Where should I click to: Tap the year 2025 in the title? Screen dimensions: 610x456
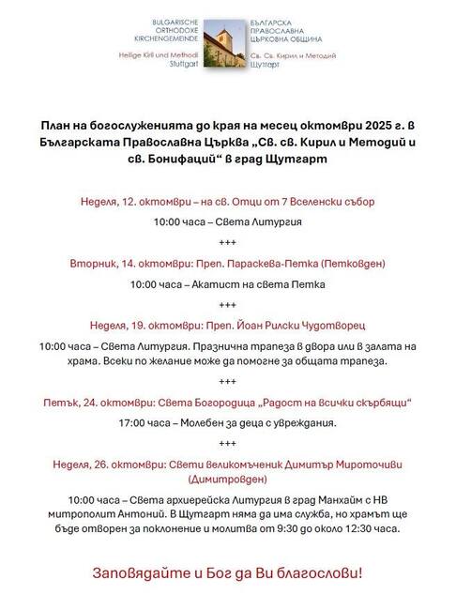pyautogui.click(x=371, y=125)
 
